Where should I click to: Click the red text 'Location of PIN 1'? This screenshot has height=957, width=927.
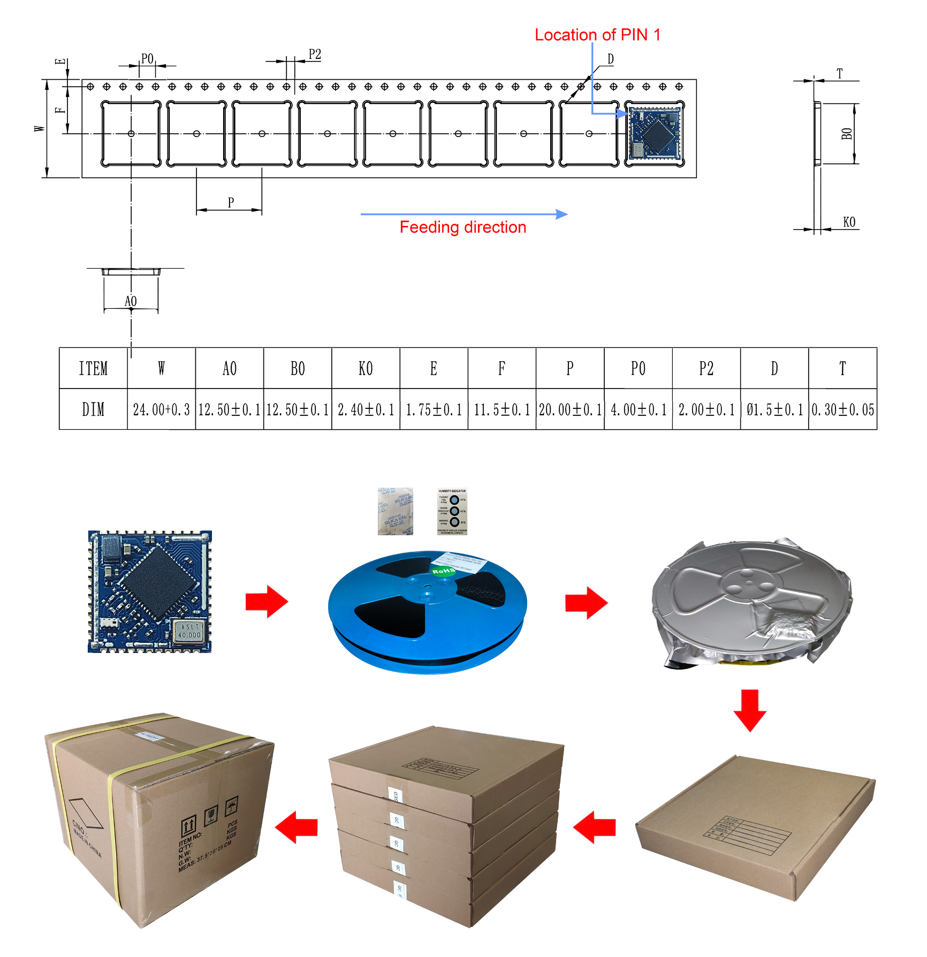597,35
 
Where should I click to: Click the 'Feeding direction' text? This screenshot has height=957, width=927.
463,227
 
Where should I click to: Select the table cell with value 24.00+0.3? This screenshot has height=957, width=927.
161,409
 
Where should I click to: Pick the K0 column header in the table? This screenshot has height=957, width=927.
366,368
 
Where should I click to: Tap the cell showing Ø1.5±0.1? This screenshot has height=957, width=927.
774,409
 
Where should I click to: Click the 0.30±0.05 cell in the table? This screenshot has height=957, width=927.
842,409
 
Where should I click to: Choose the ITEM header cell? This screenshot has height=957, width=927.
93,368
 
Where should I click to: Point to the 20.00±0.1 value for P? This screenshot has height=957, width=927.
570,409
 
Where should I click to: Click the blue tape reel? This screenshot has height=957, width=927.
427,613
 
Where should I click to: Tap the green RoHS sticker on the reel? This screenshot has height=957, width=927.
443,571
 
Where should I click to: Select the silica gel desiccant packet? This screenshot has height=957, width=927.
396,511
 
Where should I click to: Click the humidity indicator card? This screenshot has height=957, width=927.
452,511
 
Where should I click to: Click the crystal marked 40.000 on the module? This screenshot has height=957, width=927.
189,631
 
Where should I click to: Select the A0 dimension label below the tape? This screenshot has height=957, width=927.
131,301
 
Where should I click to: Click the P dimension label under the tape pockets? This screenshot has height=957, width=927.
231,202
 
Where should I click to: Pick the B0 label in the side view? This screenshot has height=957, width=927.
846,134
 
